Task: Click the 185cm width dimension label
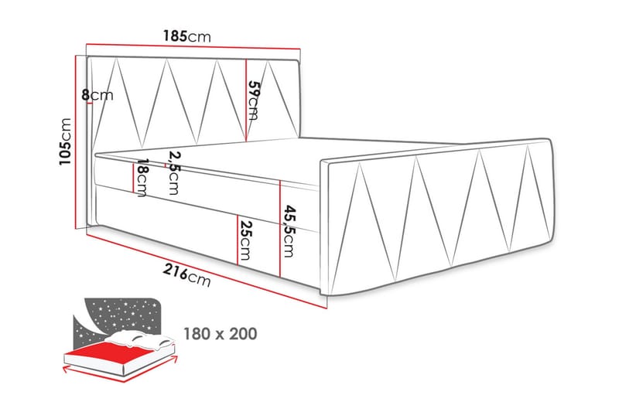tap(187, 36)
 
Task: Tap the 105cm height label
tap(65, 141)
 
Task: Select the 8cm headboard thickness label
tap(97, 95)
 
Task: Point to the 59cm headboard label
tap(253, 100)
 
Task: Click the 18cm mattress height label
tap(140, 178)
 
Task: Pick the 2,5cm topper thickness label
tap(172, 173)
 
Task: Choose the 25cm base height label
tap(245, 240)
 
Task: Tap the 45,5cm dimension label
tap(288, 231)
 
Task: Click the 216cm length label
tap(186, 275)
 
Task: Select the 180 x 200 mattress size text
tap(221, 334)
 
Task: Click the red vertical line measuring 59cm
tap(246, 100)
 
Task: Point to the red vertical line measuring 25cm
tap(238, 240)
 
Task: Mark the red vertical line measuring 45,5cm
tap(280, 228)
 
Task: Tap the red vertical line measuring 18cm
tap(133, 178)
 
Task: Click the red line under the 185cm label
tap(193, 46)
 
